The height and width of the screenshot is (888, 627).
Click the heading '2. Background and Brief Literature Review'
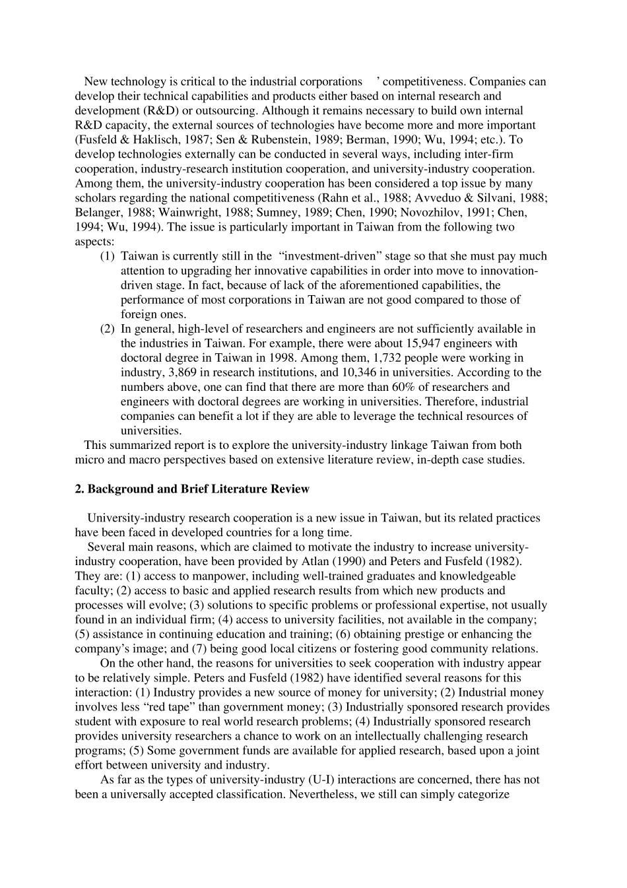click(192, 489)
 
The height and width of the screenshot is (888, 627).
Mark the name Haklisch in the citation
click(145, 140)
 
